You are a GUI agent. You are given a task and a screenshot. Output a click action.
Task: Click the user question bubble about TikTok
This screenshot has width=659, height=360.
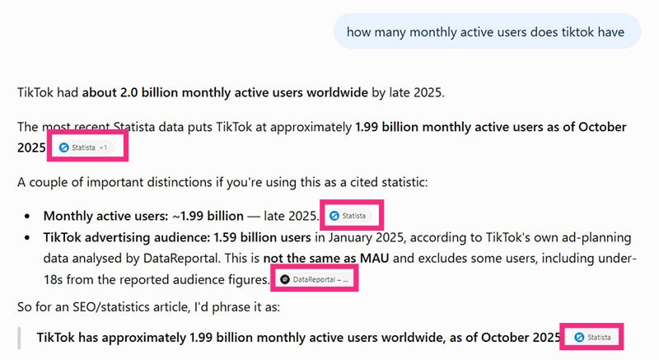[487, 31]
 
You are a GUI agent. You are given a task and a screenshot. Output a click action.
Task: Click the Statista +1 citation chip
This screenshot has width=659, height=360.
[86, 147]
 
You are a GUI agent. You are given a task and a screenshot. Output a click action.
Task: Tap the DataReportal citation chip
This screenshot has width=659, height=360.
[315, 279]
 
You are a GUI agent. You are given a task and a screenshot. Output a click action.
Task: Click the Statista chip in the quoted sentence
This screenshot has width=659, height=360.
[592, 337]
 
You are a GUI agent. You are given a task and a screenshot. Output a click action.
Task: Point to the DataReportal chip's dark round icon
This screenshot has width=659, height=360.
[284, 279]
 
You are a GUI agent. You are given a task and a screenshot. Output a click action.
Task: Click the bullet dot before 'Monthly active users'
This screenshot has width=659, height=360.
[27, 217]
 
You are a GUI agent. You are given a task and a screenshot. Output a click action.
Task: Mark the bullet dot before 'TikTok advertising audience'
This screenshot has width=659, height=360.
[27, 238]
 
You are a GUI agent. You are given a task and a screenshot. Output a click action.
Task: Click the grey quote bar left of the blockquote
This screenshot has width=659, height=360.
[19, 338]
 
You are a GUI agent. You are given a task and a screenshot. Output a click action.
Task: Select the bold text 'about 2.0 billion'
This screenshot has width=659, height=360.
[130, 92]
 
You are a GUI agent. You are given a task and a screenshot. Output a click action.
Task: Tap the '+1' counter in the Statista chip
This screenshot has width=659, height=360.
[104, 147]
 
